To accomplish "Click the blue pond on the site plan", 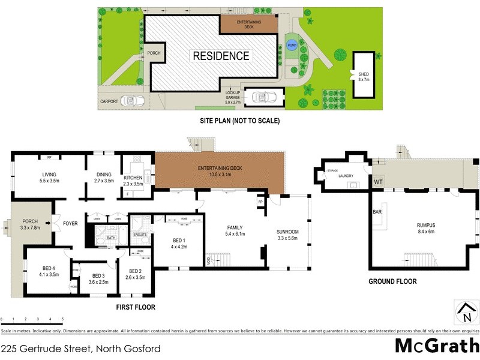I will [292, 46].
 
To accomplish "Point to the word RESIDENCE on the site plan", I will [220, 56].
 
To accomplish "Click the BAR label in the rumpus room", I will [377, 212].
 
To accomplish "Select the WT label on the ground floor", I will [378, 181].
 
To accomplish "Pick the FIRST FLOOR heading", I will [136, 307].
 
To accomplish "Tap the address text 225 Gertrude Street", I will [81, 347].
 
